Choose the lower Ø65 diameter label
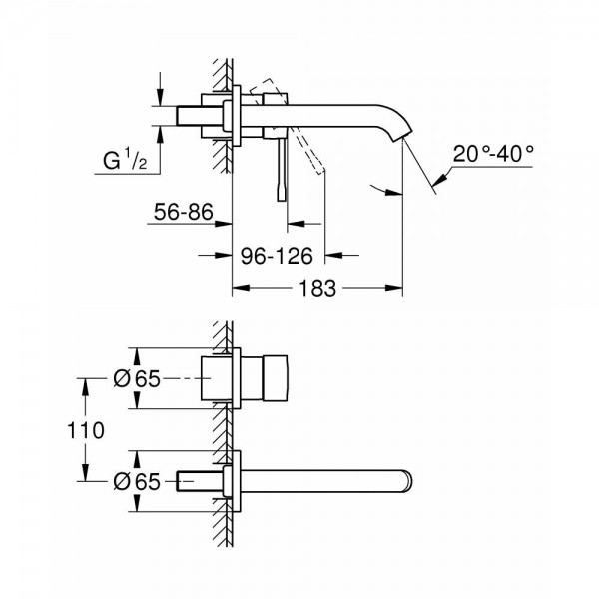(135, 480)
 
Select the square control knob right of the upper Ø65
(266, 379)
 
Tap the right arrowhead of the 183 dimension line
(396, 290)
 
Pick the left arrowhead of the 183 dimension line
(240, 290)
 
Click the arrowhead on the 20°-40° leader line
(437, 183)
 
